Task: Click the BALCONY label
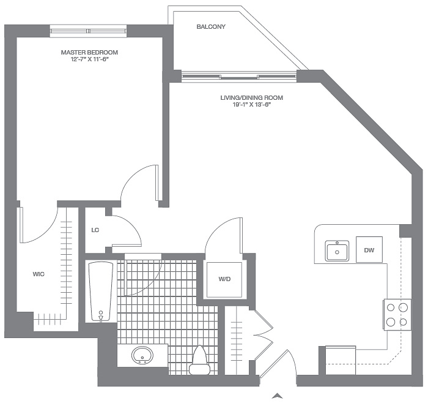coord(211,26)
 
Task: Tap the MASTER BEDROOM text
coord(89,52)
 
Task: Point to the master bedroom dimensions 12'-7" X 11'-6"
coord(89,59)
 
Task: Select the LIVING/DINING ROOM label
coord(251,97)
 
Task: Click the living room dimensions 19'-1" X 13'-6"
coord(251,105)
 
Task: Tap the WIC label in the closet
coord(39,274)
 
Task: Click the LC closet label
coord(95,230)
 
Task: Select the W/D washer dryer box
coord(224,280)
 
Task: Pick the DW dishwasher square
coord(369,250)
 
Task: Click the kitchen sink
coord(337,250)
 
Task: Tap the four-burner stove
coord(397,315)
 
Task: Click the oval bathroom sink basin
coord(142,356)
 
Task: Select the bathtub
coord(101,292)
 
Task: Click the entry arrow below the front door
coord(277,396)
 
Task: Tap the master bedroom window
coord(88,31)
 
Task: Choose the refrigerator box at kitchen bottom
coord(341,360)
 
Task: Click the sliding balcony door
coord(239,77)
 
